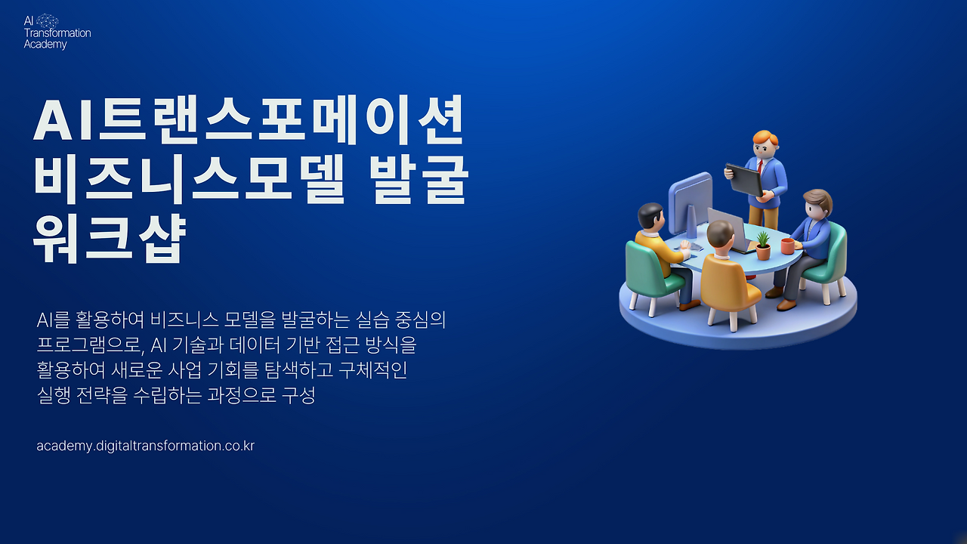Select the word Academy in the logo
point(45,45)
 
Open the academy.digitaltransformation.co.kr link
point(145,446)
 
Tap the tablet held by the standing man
point(745,180)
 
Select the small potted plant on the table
point(763,246)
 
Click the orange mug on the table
point(787,246)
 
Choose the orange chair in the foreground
point(728,288)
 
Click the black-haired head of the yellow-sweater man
point(650,216)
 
